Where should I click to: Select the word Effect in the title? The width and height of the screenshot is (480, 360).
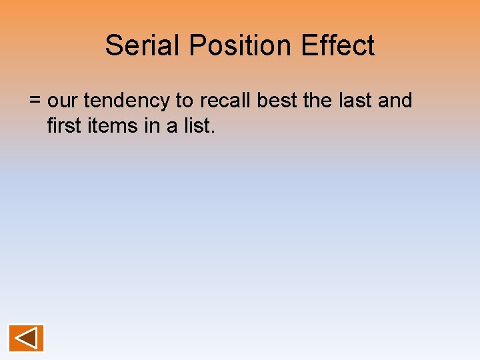(338, 45)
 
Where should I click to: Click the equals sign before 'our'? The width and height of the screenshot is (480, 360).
(35, 101)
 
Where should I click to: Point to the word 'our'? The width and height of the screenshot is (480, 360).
(63, 101)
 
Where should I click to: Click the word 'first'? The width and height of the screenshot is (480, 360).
(62, 125)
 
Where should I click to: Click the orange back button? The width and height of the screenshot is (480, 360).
(26, 338)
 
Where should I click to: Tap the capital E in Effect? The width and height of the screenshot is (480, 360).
(309, 45)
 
